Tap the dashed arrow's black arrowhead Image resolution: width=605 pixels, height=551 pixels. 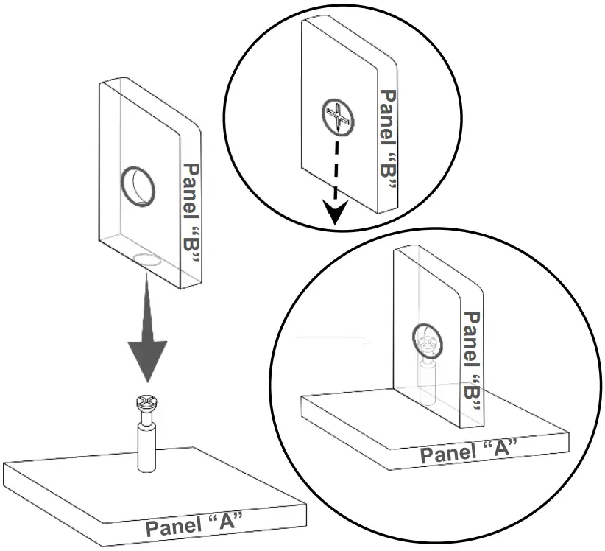(x=335, y=214)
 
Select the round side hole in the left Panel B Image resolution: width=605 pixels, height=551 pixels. (x=138, y=184)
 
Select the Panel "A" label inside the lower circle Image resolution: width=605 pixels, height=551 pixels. (x=469, y=450)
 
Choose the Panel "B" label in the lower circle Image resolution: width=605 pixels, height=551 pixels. (x=472, y=360)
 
